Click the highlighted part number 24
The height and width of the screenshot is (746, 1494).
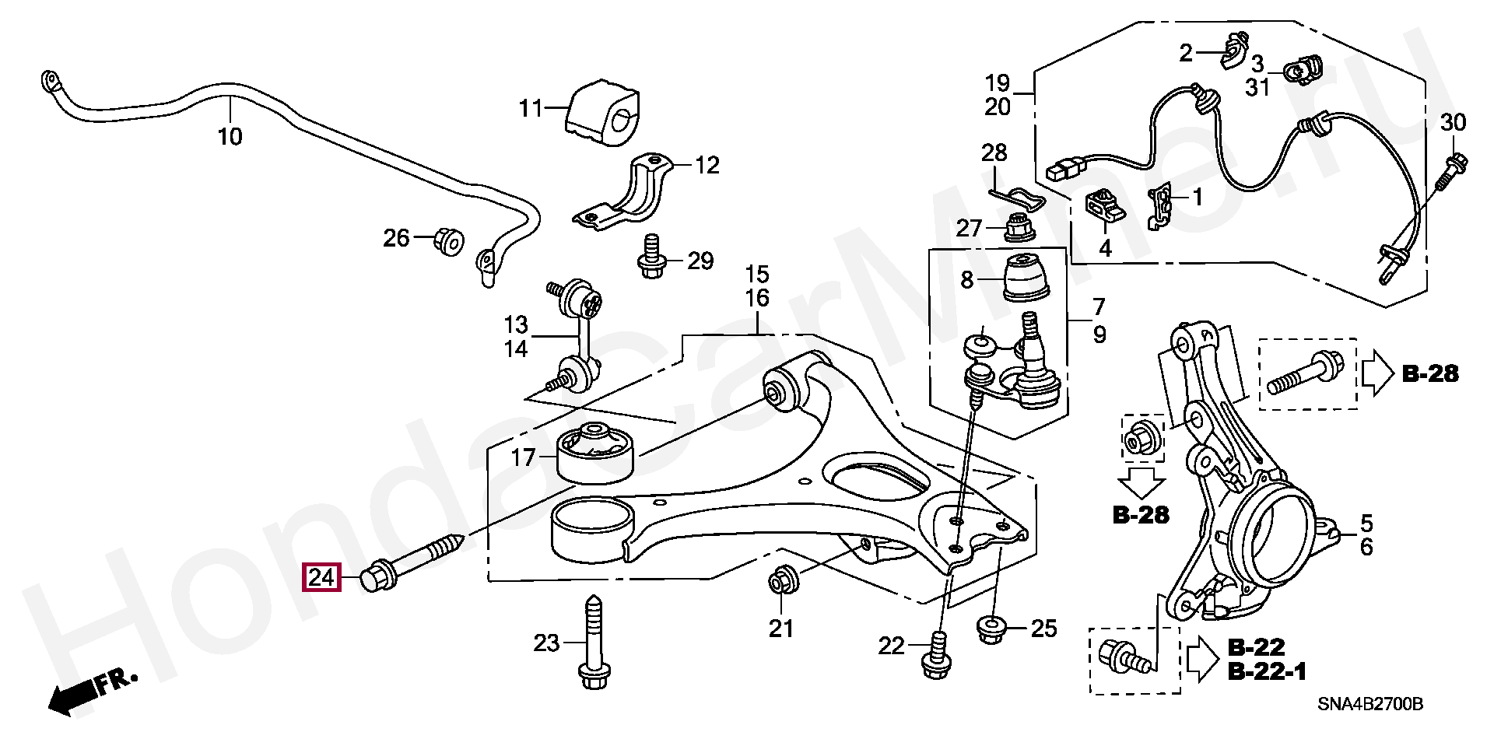click(x=321, y=577)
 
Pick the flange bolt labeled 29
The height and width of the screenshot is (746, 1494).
click(x=652, y=257)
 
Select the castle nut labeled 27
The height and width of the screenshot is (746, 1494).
click(x=1017, y=228)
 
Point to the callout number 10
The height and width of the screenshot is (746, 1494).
click(x=230, y=137)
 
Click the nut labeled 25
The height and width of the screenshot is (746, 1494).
click(x=990, y=629)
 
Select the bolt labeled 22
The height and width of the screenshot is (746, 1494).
click(x=936, y=657)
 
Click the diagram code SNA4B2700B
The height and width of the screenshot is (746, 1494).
click(x=1369, y=704)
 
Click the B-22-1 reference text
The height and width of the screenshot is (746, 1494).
click(x=1267, y=671)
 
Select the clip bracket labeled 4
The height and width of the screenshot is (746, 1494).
click(x=1104, y=205)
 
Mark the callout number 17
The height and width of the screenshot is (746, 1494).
click(x=523, y=457)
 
